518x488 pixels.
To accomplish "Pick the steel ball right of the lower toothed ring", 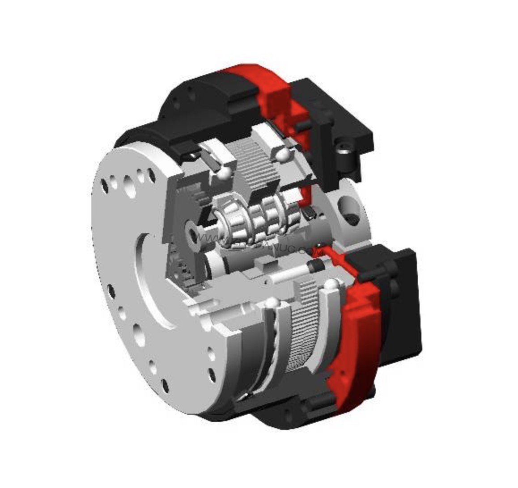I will coord(331,285).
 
